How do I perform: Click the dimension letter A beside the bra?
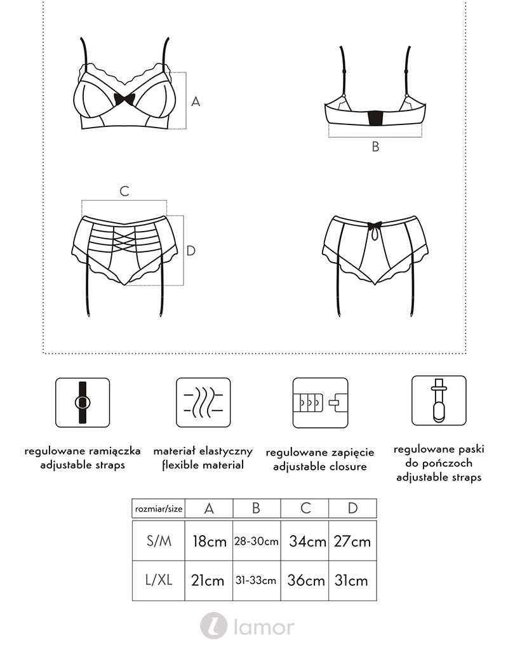click(196, 101)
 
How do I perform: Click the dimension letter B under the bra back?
click(375, 147)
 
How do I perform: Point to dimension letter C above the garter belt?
click(124, 191)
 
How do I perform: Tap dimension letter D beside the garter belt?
click(190, 250)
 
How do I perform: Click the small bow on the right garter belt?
click(375, 226)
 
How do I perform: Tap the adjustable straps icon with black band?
click(83, 402)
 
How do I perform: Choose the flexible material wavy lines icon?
click(203, 402)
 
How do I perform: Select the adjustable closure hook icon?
click(320, 402)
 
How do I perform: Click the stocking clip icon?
click(439, 401)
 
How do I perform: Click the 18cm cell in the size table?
click(209, 541)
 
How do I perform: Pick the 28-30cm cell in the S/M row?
click(257, 541)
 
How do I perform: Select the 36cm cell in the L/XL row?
click(305, 580)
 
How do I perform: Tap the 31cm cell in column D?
click(352, 580)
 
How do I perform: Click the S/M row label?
click(159, 541)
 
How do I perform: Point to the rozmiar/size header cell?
click(158, 508)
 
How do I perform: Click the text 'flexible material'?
click(203, 465)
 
